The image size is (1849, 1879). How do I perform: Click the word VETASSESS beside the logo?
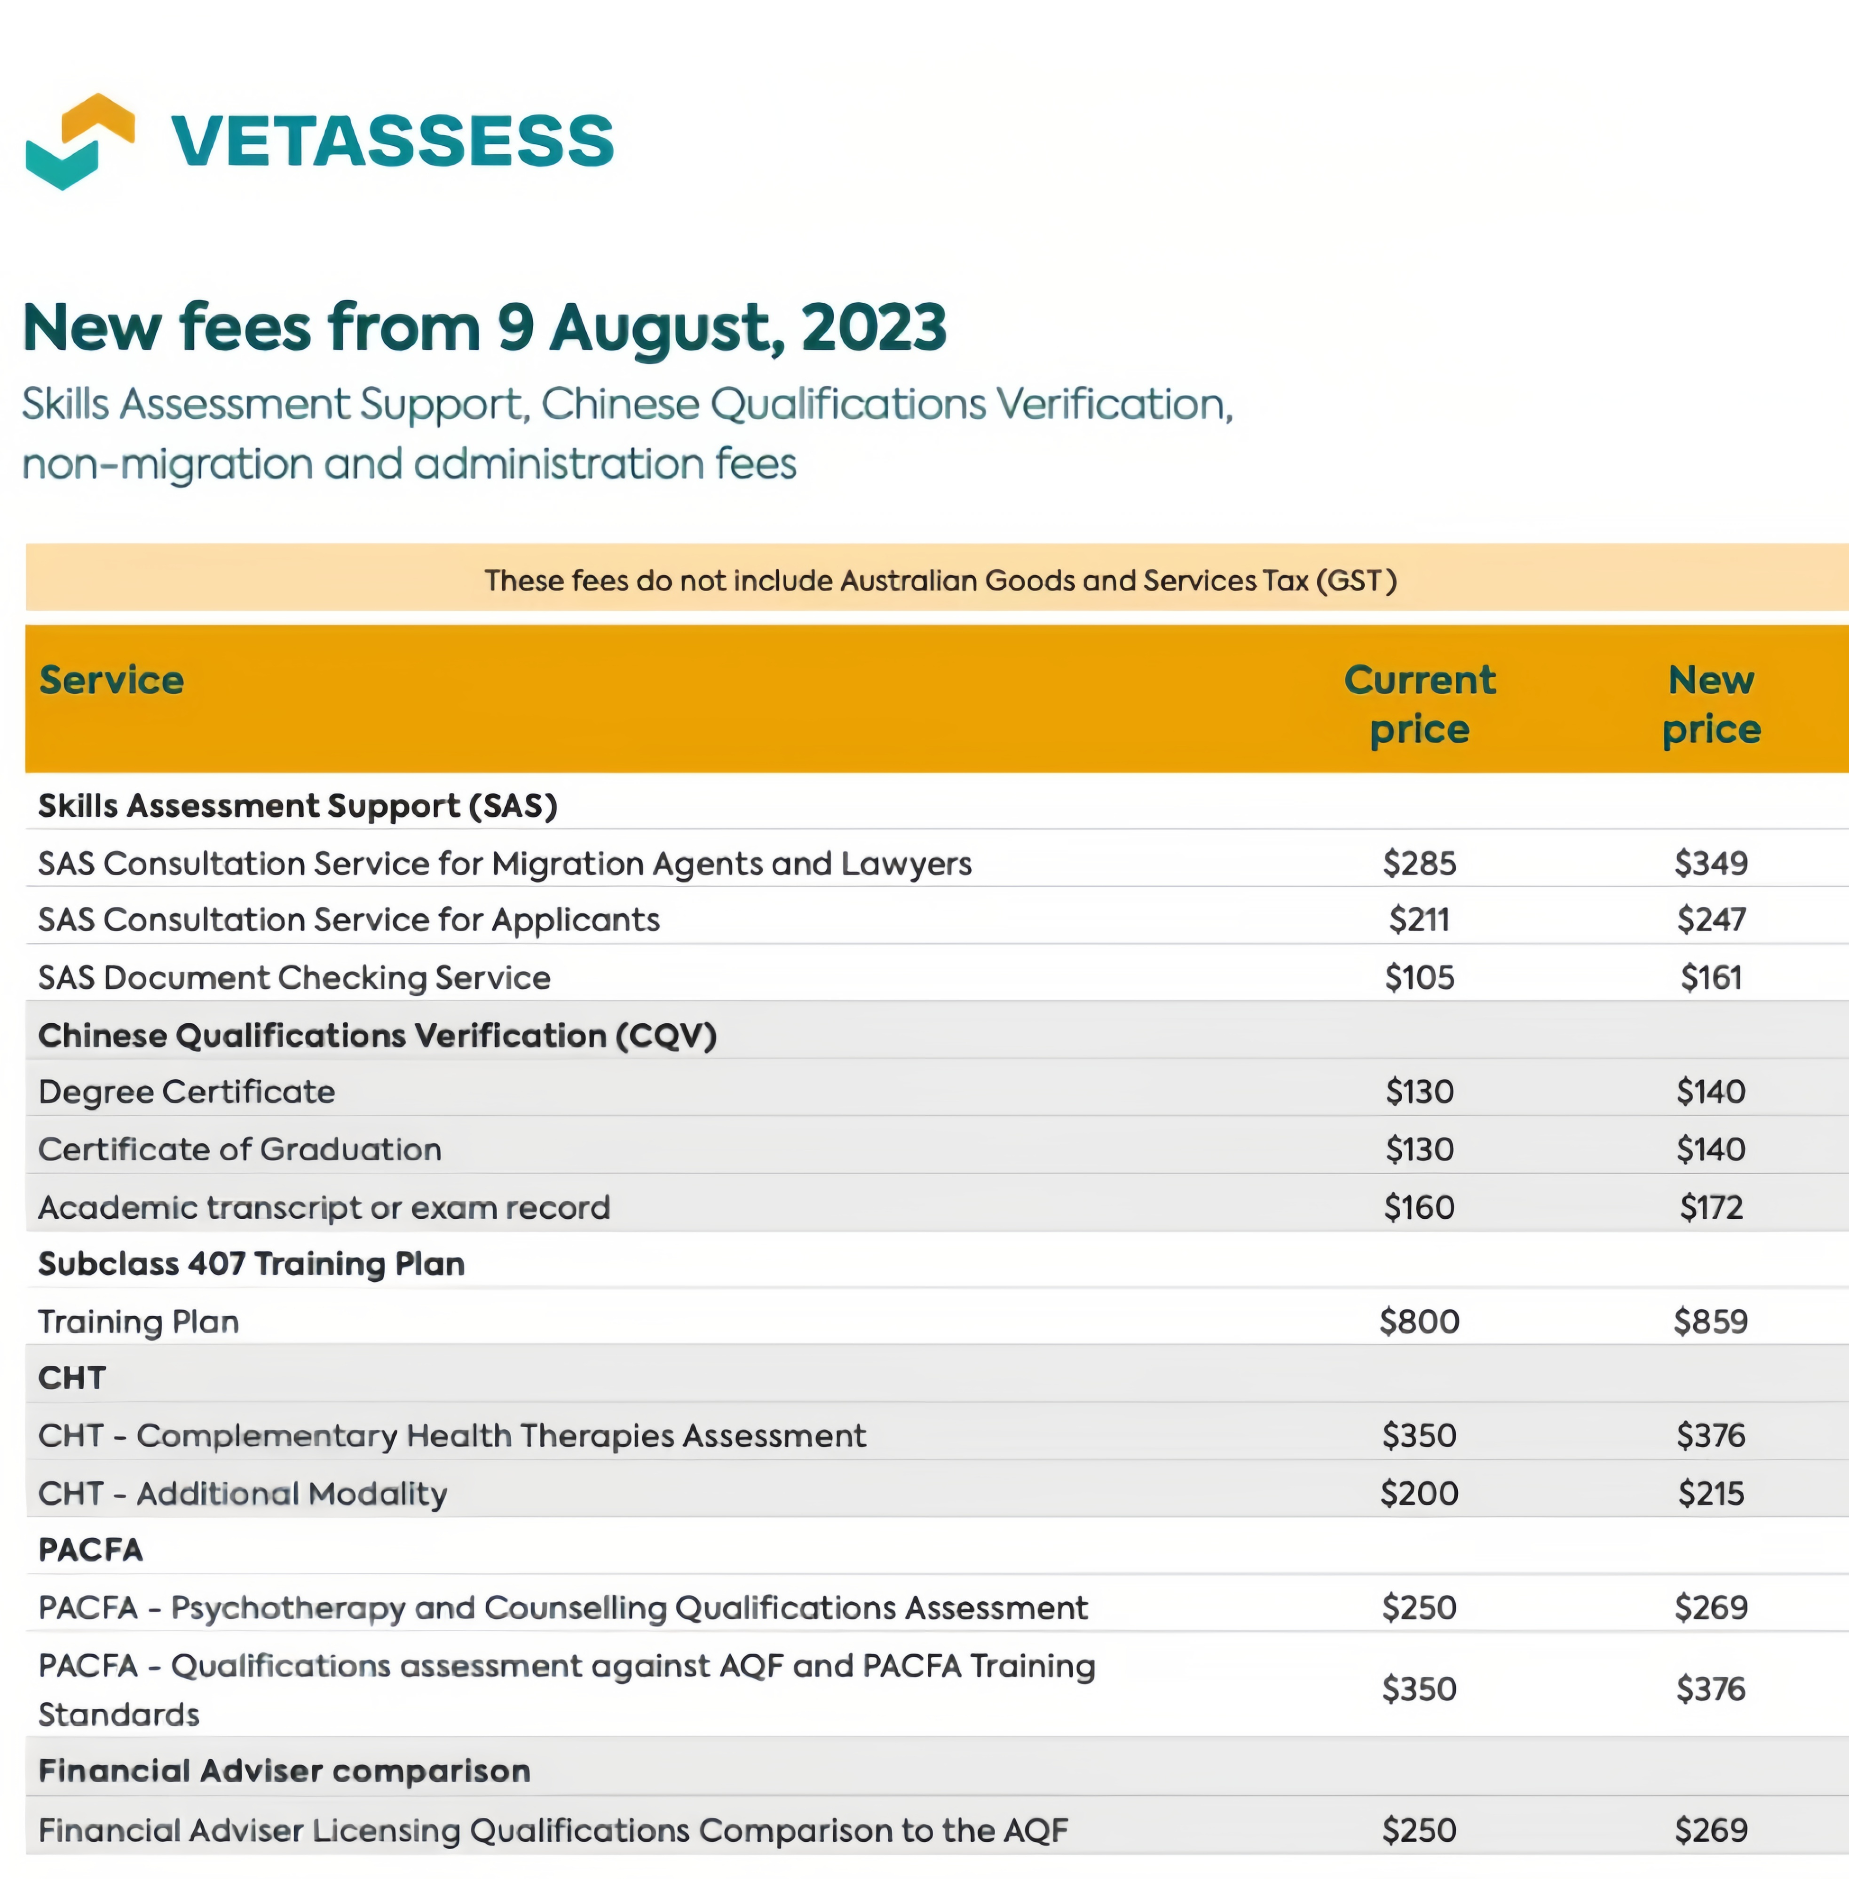392,141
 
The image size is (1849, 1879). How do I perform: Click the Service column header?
111,680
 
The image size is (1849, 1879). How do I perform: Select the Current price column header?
1420,704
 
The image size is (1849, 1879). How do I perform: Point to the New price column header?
1711,704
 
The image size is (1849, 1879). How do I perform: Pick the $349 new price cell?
1711,863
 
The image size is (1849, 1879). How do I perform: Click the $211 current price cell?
1420,920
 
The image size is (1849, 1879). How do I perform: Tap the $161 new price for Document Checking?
1711,977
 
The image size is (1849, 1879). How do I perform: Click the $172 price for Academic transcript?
1711,1207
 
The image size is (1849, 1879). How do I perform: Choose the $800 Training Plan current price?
1420,1322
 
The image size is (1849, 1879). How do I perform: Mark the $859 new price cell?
1711,1322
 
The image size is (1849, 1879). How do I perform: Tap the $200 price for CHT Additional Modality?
1420,1493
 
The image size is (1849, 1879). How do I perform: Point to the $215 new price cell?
1711,1493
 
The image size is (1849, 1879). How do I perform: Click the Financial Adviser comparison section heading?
284,1771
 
